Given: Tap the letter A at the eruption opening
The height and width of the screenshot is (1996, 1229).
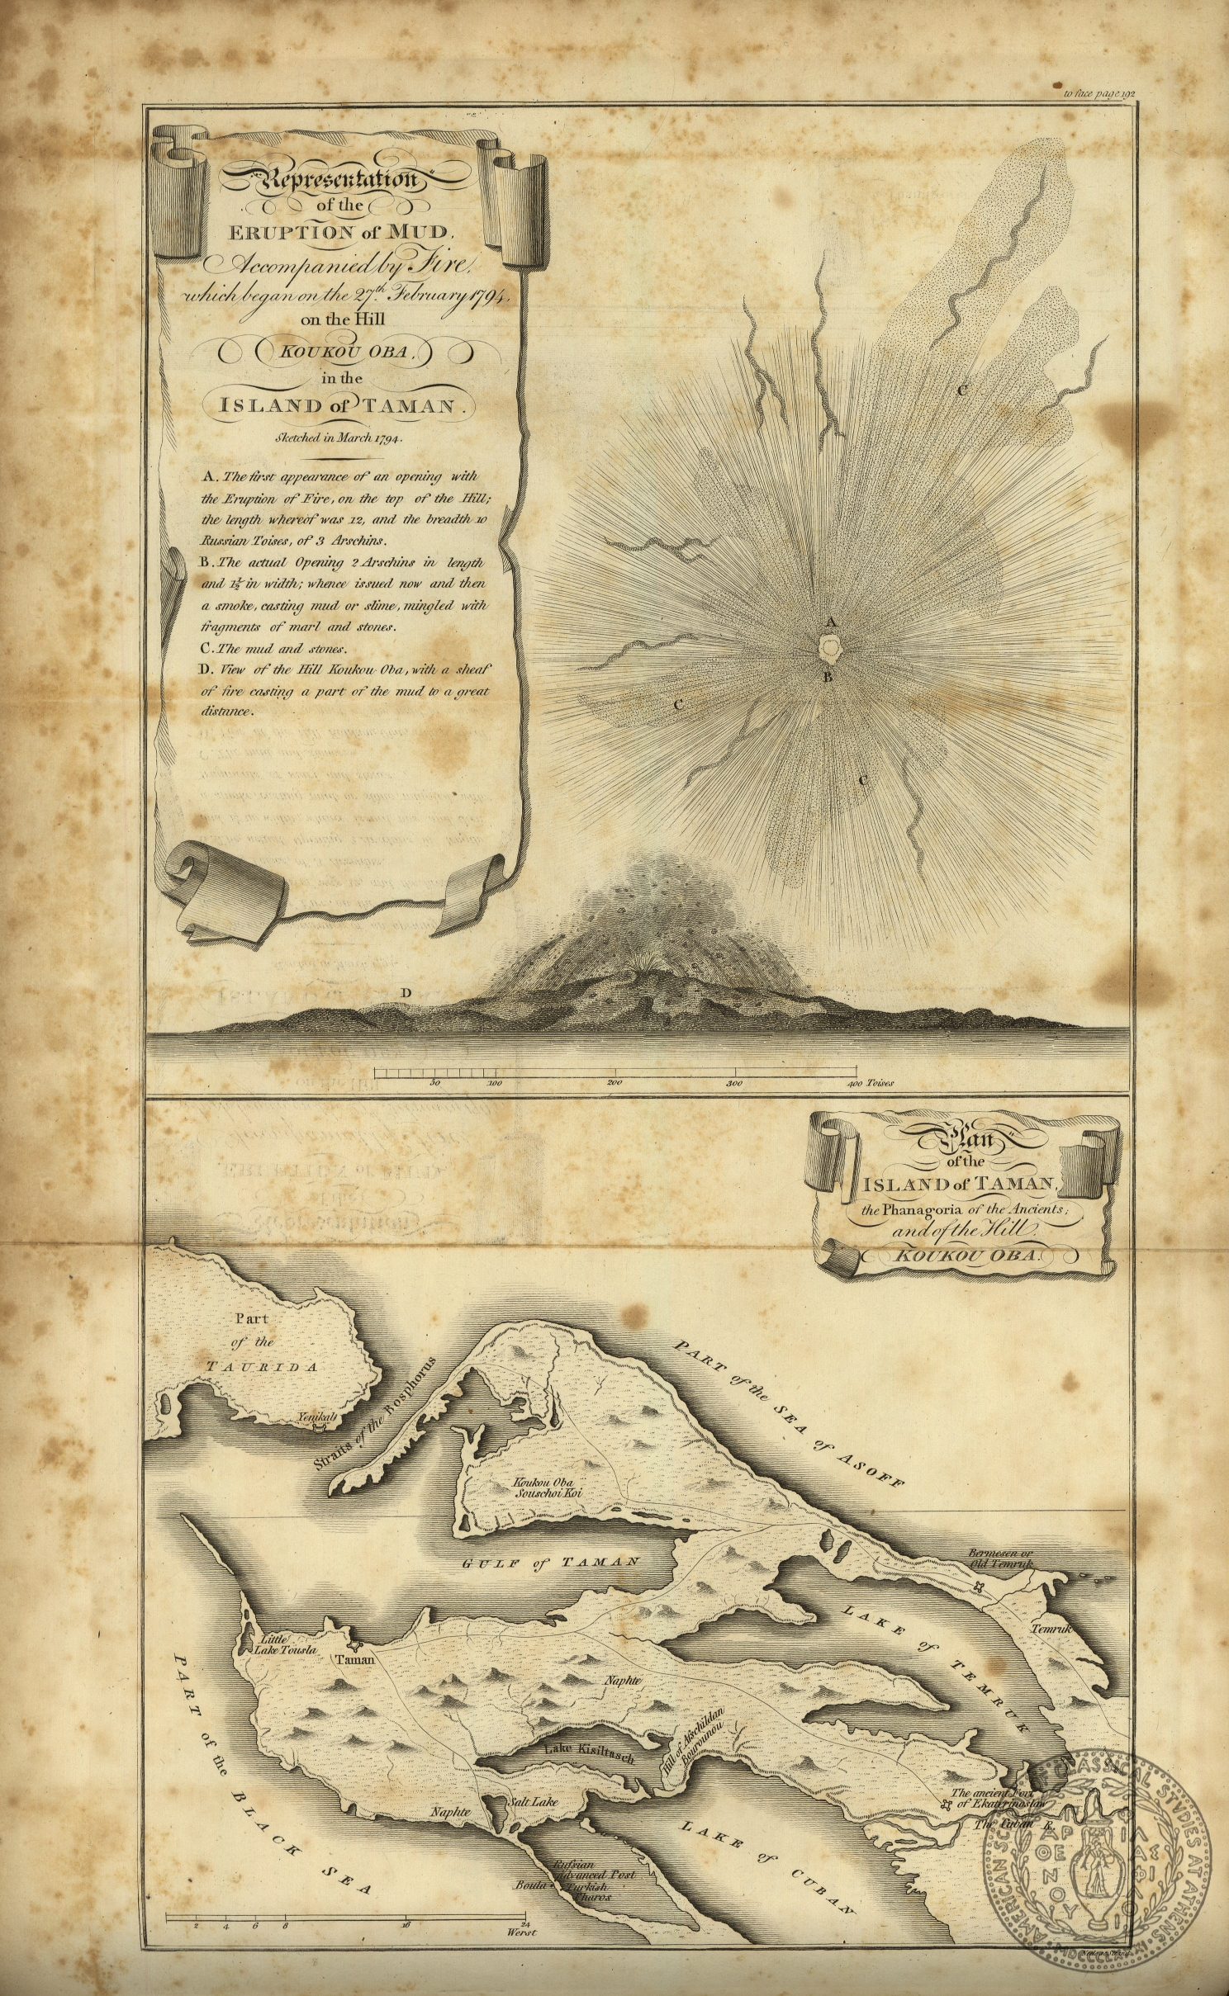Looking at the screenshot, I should click(x=831, y=622).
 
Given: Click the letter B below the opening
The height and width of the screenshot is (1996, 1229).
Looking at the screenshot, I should click(x=823, y=679).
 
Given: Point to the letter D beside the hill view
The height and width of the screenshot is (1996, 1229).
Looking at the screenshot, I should click(x=405, y=992).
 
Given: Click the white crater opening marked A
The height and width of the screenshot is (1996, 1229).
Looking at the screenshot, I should click(x=828, y=648).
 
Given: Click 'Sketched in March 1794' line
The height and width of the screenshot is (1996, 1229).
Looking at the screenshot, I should click(x=343, y=438).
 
